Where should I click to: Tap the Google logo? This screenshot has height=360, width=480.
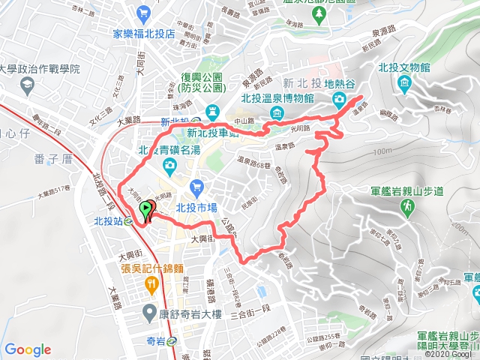28,349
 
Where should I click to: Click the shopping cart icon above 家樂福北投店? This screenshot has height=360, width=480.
142,12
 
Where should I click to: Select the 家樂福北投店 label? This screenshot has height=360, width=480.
143,34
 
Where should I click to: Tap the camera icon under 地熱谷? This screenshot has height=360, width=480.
340,100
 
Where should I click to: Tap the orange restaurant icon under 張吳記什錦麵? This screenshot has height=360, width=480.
151,283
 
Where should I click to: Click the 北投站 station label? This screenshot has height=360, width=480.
106,221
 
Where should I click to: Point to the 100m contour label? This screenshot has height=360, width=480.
382,152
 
